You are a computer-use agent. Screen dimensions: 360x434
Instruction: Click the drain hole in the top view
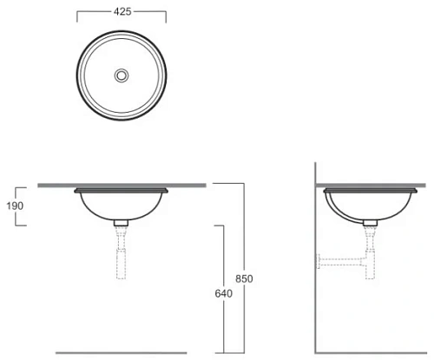tap(122, 75)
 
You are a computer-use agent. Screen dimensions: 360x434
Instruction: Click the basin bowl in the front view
tap(122, 205)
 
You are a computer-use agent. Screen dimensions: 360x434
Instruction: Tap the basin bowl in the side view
tap(370, 205)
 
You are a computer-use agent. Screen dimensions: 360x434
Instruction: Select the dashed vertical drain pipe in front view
tap(122, 256)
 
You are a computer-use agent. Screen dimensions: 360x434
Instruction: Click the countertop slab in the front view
tap(122, 185)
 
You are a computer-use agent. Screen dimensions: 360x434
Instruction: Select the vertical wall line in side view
tap(316, 260)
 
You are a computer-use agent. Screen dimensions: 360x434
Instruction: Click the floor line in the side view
tap(373, 353)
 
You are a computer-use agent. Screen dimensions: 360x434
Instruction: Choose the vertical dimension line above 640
tap(224, 260)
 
